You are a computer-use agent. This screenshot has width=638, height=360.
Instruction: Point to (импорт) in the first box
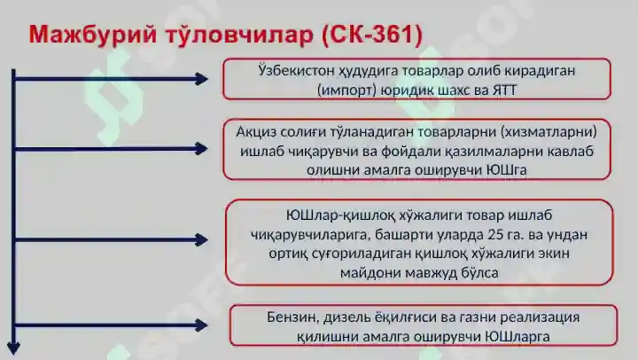coord(348,90)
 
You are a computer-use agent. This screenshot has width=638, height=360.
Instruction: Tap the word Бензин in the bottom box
coord(290,317)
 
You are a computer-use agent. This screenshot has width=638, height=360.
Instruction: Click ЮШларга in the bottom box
coord(516,336)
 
